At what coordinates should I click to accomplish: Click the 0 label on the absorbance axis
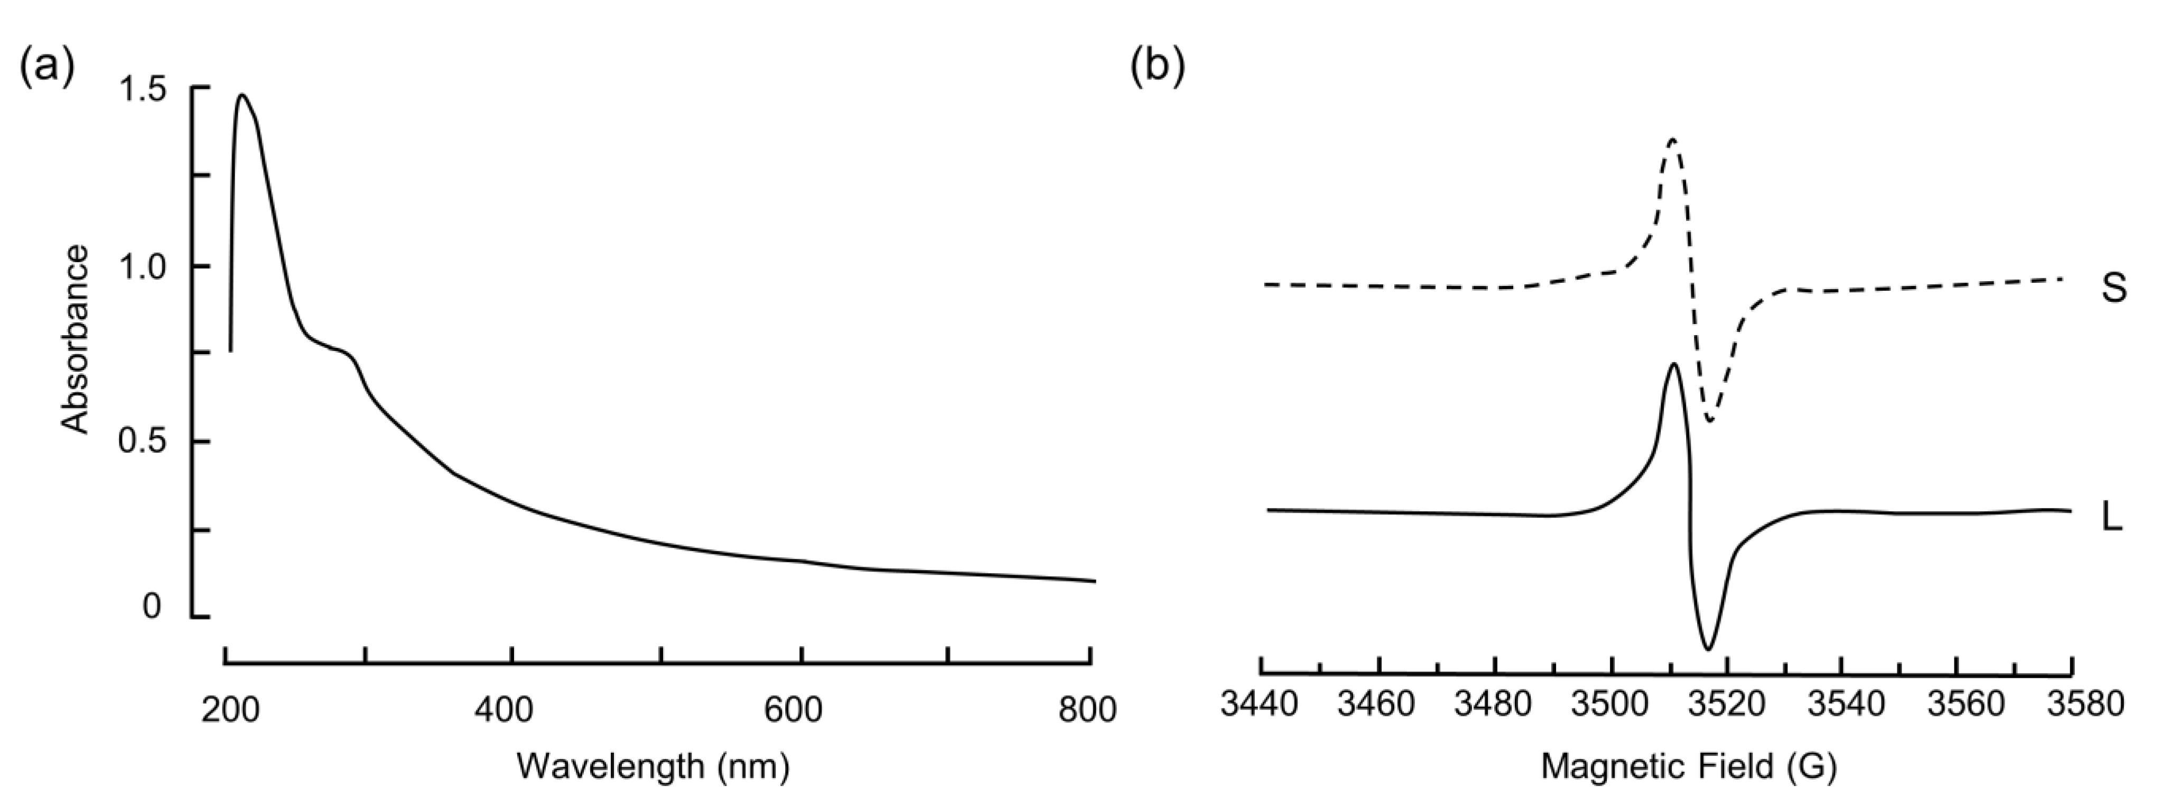coord(152,606)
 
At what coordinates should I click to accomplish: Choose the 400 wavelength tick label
coord(504,710)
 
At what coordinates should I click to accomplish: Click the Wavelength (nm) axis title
coord(653,766)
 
